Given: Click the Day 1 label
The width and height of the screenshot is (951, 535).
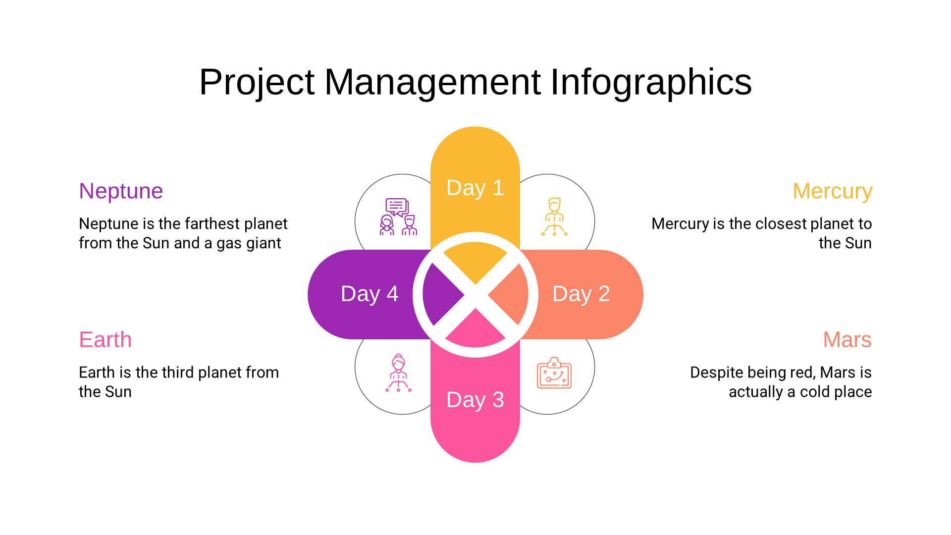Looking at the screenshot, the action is pyautogui.click(x=475, y=188).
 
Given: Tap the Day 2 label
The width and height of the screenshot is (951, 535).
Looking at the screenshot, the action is pyautogui.click(x=581, y=294).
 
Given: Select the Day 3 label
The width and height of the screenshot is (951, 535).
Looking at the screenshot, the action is pyautogui.click(x=475, y=400).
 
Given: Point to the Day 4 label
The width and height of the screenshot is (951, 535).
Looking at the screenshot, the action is pyautogui.click(x=370, y=294).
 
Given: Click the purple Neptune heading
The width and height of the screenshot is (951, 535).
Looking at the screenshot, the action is pyautogui.click(x=121, y=191).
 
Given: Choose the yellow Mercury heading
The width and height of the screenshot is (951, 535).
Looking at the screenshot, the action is pyautogui.click(x=832, y=191).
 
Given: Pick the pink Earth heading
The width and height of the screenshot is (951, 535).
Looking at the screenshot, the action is pyautogui.click(x=106, y=340).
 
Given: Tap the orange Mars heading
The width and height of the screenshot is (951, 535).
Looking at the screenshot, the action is pyautogui.click(x=847, y=340).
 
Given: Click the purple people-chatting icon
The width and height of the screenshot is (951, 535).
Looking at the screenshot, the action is pyautogui.click(x=399, y=216).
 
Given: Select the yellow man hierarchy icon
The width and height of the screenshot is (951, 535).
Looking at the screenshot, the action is pyautogui.click(x=554, y=216).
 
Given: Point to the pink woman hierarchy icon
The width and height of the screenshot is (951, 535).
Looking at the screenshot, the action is pyautogui.click(x=399, y=373).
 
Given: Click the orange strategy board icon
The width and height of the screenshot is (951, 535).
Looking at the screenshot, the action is pyautogui.click(x=554, y=373).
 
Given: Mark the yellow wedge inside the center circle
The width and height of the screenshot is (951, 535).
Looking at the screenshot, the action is pyautogui.click(x=475, y=261).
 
